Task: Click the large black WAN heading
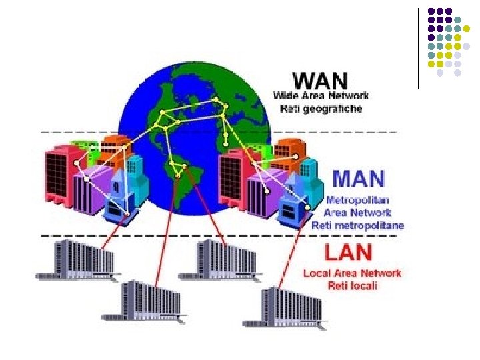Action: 320,81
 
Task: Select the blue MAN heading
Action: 358,179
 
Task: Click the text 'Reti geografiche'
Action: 321,109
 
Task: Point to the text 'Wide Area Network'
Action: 321,95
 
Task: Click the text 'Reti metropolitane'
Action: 357,225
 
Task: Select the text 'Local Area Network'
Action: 352,273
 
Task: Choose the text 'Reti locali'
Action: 352,285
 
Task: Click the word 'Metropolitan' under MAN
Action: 357,200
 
